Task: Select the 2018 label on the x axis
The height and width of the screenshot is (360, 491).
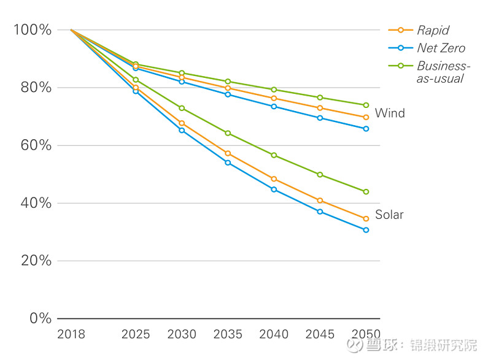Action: pos(71,334)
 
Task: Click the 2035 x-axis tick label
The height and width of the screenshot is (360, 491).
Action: pos(228,334)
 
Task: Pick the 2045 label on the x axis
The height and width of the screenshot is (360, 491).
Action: pos(320,334)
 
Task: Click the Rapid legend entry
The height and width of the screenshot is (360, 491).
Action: pos(433,30)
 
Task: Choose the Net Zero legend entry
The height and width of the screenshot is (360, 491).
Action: pos(441,48)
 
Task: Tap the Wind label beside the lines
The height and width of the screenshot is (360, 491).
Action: pos(390,113)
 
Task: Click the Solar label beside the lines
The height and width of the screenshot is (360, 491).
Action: pos(390,215)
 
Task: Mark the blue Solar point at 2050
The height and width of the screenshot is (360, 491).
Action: pos(366,230)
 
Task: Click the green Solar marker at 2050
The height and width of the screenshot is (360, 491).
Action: pos(366,191)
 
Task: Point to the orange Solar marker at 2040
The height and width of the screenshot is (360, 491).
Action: pos(274,179)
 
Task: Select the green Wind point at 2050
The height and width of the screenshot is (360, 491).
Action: pos(366,105)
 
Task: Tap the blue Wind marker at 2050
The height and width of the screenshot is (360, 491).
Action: pos(366,129)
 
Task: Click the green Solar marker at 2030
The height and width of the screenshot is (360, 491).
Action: pos(182,108)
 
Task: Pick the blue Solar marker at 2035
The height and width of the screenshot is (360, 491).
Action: pos(228,163)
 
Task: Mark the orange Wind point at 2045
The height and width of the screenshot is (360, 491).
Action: pos(320,108)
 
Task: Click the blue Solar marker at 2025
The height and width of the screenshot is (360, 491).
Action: pos(136,91)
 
